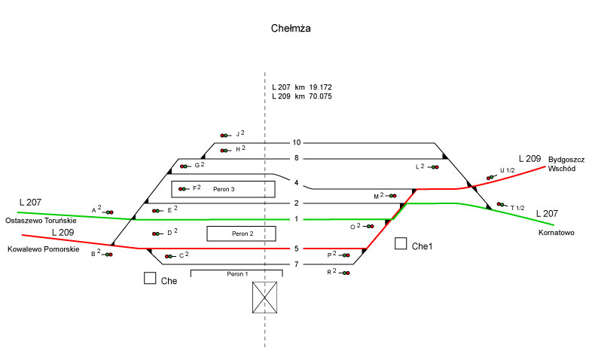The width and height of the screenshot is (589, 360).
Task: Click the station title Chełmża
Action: click(291, 29)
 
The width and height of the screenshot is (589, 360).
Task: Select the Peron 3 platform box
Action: click(218, 188)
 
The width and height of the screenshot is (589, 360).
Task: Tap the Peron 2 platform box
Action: click(237, 233)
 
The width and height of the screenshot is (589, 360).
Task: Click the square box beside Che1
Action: click(401, 244)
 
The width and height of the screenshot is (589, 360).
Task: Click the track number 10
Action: click(297, 142)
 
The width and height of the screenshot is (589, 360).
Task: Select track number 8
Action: click(297, 158)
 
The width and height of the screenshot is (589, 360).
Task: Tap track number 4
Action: click(297, 182)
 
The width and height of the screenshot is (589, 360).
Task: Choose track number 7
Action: click(297, 264)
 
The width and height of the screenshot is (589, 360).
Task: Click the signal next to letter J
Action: click(225, 136)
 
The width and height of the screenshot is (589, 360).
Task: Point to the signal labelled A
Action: click(108, 213)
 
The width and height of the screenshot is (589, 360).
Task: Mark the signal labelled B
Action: click(108, 255)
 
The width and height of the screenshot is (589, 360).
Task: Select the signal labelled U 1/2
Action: click(491, 178)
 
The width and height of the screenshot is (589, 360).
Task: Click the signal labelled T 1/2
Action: click(502, 204)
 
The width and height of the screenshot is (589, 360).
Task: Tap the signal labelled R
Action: click(345, 273)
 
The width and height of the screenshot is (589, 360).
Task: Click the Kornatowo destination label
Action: click(557, 233)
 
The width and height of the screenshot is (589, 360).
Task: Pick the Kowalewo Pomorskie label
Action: click(43, 249)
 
